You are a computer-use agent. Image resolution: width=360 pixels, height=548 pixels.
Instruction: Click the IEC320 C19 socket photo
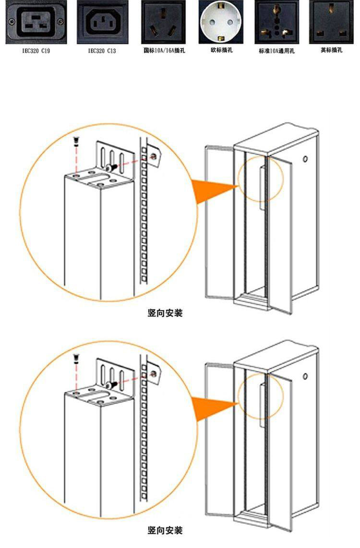click(35, 22)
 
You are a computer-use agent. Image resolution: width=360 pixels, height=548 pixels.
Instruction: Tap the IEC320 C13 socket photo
click(102, 22)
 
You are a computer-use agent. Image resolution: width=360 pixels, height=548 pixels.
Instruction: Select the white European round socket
click(221, 22)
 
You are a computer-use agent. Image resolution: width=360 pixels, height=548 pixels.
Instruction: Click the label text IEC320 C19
click(35, 50)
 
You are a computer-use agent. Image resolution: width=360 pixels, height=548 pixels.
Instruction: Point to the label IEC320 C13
click(102, 50)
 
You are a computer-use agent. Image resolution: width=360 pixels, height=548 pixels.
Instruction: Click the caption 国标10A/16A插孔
click(163, 50)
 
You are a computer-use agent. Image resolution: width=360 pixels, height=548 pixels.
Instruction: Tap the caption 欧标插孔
click(221, 49)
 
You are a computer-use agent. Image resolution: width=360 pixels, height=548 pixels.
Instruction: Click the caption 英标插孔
click(332, 49)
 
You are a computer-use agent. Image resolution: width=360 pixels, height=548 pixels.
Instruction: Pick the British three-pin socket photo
click(332, 22)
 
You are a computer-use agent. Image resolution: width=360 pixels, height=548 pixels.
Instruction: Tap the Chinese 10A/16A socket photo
click(163, 22)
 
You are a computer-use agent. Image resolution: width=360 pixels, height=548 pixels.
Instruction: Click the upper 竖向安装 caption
click(165, 313)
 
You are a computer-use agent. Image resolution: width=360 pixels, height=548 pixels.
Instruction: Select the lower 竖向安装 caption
click(165, 530)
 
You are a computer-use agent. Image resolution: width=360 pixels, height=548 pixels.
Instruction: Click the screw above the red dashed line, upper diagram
click(75, 141)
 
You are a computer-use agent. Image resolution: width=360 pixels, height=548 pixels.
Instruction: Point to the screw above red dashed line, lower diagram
click(75, 357)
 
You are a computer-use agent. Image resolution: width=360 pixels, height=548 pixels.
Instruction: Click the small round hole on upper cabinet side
click(305, 158)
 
